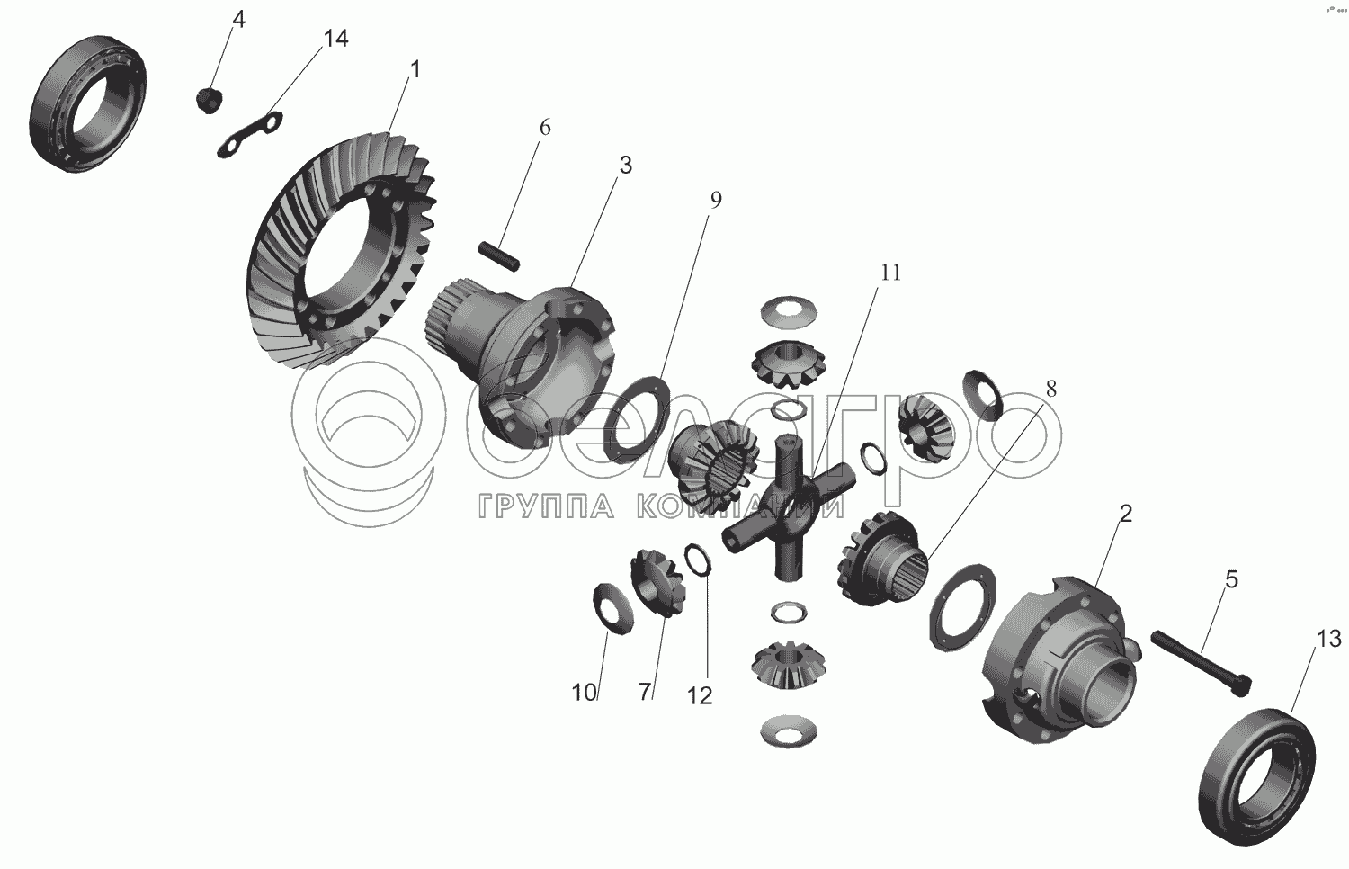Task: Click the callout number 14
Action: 336,40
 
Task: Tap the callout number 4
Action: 238,20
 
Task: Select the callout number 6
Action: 544,128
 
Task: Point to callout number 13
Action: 1328,639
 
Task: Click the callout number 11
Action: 890,273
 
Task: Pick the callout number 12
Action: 700,695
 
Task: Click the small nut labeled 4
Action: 209,99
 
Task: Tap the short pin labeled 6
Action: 498,256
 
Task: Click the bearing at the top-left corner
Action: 88,104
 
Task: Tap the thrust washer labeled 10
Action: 613,608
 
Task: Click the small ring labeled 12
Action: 699,559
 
